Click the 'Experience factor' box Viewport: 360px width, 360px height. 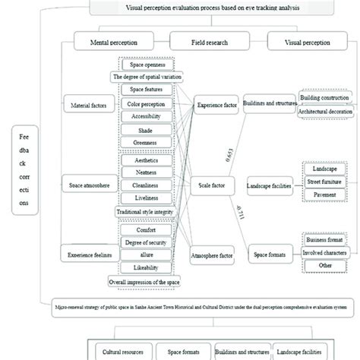pyautogui.click(x=216, y=107)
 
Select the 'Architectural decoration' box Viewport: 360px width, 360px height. pyautogui.click(x=324, y=112)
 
